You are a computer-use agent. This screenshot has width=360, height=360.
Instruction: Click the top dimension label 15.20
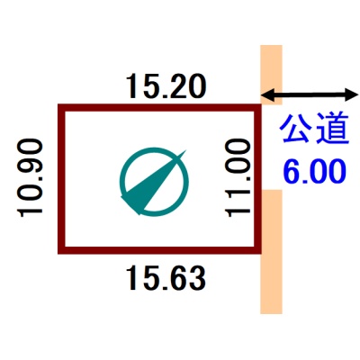[x=166, y=86]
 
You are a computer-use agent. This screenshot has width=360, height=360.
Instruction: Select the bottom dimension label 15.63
[x=166, y=279]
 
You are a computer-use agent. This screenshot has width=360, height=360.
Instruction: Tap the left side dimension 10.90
[x=31, y=177]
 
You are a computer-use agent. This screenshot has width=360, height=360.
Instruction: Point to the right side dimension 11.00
[x=238, y=177]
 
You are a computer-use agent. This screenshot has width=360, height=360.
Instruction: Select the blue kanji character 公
[x=296, y=128]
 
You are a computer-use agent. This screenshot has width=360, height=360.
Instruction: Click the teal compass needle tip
[x=185, y=150]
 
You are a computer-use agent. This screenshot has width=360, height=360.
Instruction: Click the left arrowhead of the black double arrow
[x=265, y=95]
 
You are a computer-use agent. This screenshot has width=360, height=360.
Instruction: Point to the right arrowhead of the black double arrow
[x=353, y=95]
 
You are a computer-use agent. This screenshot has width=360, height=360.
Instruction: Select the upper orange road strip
[x=271, y=75]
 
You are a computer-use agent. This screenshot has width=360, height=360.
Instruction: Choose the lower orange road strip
[x=271, y=252]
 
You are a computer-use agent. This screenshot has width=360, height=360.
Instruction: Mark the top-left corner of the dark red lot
[x=58, y=104]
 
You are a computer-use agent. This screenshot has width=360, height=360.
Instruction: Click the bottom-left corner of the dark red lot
[x=58, y=254]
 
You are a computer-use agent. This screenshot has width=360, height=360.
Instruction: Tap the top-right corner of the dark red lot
[x=261, y=104]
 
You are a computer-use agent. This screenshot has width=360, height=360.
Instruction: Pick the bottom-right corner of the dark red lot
[x=261, y=254]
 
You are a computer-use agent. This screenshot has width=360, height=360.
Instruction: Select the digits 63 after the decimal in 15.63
[x=187, y=279]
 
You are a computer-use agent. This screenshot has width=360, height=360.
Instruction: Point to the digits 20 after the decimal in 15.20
[x=187, y=86]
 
